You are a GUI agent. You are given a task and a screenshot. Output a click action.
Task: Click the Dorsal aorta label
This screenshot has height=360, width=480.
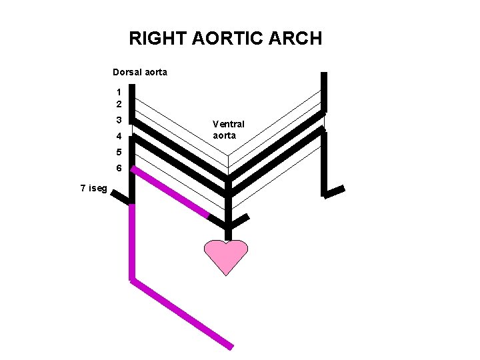(x=140, y=72)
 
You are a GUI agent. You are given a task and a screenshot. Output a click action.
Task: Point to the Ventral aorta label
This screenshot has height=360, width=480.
(x=228, y=129)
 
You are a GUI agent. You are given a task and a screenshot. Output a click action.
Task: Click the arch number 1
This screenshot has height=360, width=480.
(x=118, y=92)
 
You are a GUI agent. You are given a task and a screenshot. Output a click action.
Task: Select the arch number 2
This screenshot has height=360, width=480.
(x=118, y=105)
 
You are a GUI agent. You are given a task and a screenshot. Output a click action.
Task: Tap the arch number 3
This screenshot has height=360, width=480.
(x=118, y=121)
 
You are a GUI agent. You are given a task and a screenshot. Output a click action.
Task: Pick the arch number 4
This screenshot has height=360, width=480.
(x=118, y=137)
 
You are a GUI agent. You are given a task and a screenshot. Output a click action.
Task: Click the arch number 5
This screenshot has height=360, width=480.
(x=118, y=152)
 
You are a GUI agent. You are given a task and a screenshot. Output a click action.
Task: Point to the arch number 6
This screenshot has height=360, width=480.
(x=118, y=168)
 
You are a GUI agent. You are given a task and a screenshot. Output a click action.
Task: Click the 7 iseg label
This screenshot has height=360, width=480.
(x=93, y=188)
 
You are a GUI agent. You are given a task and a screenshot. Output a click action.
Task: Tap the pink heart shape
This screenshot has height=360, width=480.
(x=225, y=255)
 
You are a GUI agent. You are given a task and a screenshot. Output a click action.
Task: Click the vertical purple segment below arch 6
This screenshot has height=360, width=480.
(x=132, y=240)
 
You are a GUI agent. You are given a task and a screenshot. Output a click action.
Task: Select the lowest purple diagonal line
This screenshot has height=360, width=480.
(x=181, y=313)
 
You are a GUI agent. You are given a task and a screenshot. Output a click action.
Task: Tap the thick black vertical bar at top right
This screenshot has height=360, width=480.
(x=324, y=92)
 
